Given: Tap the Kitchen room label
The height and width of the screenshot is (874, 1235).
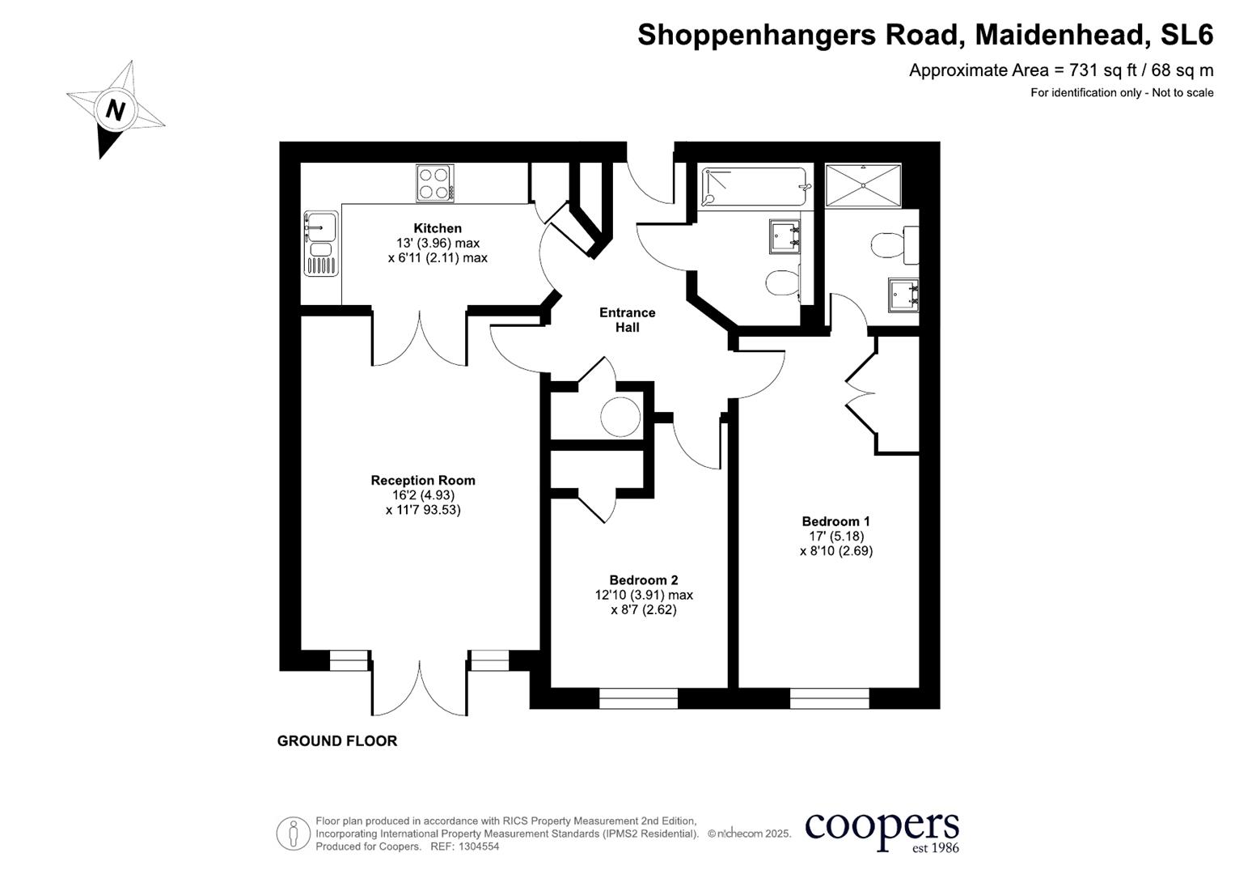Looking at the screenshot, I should point(438,228).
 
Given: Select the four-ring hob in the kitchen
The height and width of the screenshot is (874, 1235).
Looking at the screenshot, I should point(435,183).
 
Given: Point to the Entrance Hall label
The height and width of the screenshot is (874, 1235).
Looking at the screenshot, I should point(627,320).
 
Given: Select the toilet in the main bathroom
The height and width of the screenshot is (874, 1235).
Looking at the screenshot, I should point(782,283).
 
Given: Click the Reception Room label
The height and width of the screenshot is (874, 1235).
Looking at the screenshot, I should point(423,480).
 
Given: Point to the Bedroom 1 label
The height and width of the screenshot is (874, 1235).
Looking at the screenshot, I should point(835,521).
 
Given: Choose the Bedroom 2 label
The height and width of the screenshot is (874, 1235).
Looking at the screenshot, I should point(644,580).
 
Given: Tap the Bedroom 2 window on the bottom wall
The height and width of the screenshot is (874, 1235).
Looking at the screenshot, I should point(638,698).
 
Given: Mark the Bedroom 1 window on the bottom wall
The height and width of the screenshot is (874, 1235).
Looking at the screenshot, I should point(829,698).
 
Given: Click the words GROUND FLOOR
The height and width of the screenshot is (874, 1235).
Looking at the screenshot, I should point(337,740).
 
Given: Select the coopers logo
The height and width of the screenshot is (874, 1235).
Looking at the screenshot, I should point(882,829).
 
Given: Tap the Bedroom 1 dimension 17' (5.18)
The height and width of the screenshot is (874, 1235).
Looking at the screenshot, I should point(835,536).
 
